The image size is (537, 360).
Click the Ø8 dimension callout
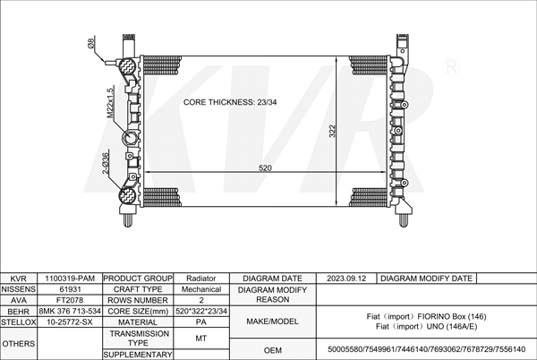click(91, 44)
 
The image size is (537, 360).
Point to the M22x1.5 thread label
click(109, 103)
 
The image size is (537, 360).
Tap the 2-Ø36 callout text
click(105, 163)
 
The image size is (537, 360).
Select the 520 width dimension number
click(265, 167)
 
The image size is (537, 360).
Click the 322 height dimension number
click(332, 131)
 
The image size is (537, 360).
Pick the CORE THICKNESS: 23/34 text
click(230, 102)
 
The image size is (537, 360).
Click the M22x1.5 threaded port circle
click(131, 138)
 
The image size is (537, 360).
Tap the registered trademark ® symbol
click(451, 67)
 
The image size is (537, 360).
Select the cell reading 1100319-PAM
click(70, 279)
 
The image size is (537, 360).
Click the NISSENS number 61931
click(70, 289)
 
